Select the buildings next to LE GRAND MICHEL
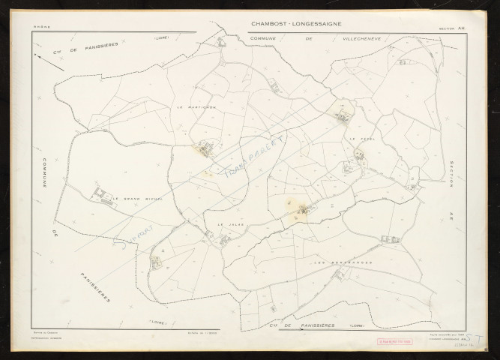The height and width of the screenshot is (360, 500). (x=102, y=194)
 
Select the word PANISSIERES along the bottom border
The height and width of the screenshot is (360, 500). (x=310, y=326)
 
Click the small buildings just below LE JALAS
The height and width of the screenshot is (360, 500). (x=223, y=240)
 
